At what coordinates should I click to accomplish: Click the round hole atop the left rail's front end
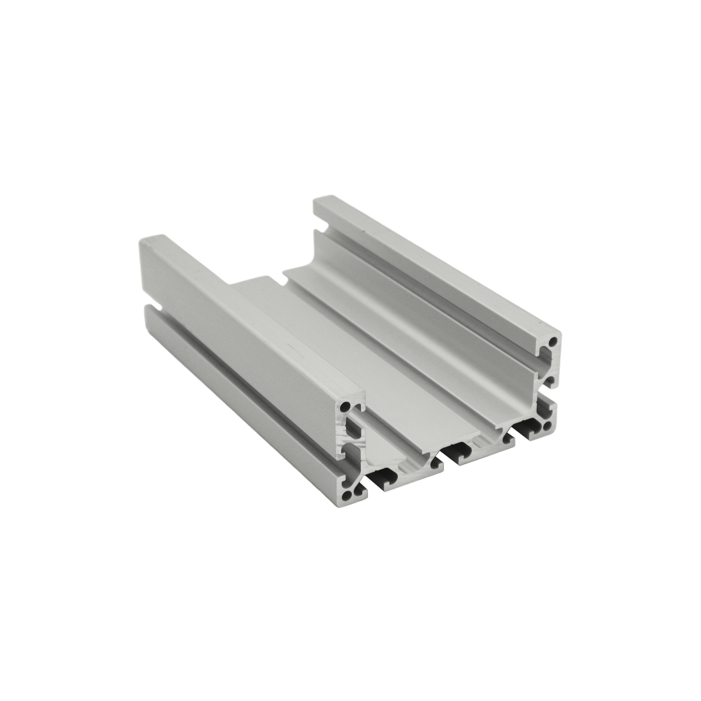[346, 407]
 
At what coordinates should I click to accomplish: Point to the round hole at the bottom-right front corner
[547, 426]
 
